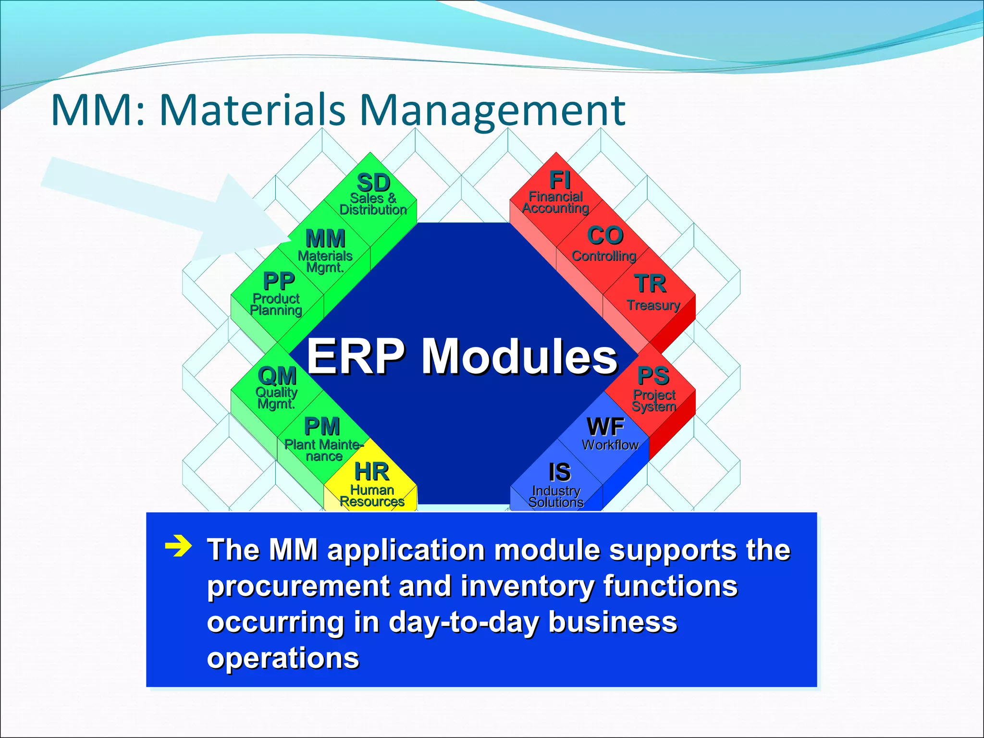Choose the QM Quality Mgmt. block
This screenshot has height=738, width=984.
277,387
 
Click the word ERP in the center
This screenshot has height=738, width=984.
356,357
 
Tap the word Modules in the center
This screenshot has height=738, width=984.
519,357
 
